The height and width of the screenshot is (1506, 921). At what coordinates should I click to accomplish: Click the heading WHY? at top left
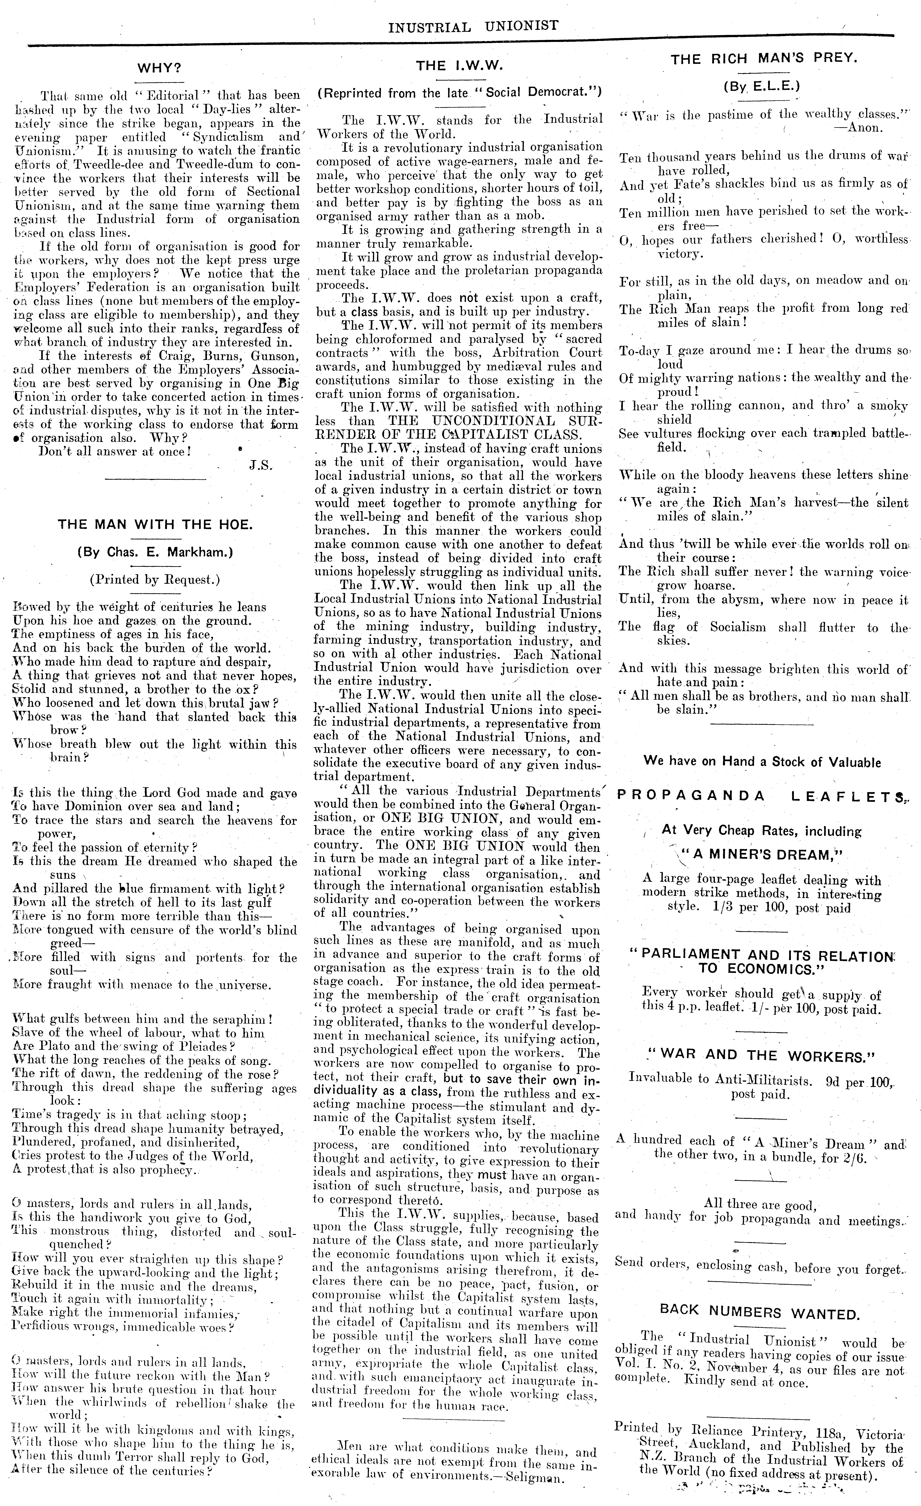point(159,67)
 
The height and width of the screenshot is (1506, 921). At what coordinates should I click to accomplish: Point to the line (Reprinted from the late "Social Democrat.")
point(459,93)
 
